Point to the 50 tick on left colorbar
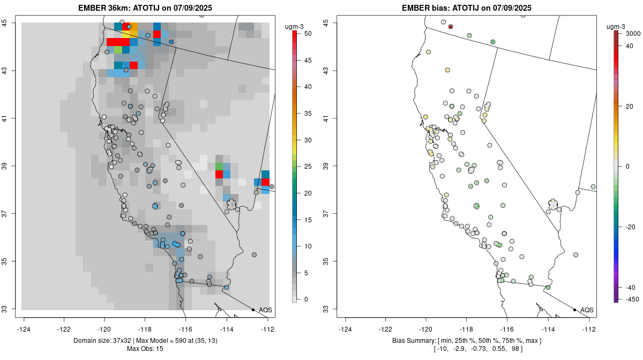(306, 34)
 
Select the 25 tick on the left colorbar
(306, 167)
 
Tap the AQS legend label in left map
(265, 310)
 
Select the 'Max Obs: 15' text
(145, 349)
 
